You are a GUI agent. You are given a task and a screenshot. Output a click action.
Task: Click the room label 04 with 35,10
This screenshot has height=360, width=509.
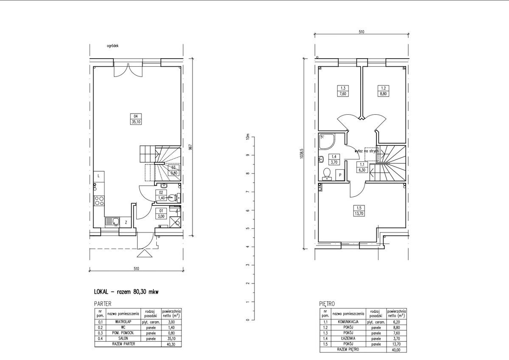pyautogui.click(x=136, y=119)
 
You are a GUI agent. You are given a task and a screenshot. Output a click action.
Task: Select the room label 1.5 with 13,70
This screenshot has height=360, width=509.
pyautogui.click(x=359, y=210)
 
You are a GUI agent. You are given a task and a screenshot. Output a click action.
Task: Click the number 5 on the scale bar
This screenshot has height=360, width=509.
pyautogui.click(x=246, y=229)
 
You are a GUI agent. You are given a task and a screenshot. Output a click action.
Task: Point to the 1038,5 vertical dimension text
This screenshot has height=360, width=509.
pyautogui.click(x=301, y=153)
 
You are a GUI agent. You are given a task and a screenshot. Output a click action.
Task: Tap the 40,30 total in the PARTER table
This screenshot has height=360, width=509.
pyautogui.click(x=171, y=345)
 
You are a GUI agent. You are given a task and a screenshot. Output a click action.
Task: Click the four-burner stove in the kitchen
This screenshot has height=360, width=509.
pyautogui.click(x=99, y=200)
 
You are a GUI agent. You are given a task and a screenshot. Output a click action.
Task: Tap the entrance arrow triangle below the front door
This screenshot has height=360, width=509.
pyautogui.click(x=144, y=254)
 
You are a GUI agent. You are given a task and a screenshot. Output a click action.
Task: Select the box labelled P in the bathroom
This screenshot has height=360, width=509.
pyautogui.click(x=339, y=175)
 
